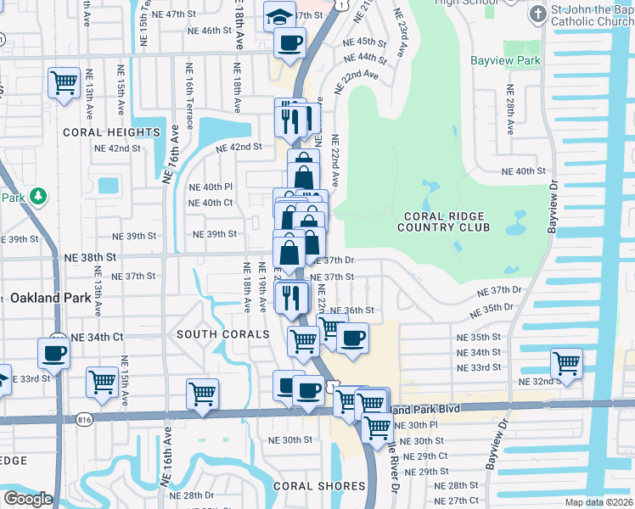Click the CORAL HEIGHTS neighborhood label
tap(111, 132)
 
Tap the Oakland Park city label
tap(51, 298)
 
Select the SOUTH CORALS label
tap(222, 335)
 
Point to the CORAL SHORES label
tap(319, 486)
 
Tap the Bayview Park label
tap(505, 61)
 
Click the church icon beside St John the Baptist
tap(537, 14)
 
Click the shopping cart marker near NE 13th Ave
tap(64, 83)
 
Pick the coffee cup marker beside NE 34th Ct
tap(53, 352)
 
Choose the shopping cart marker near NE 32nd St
tap(566, 363)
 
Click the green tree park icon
tap(37, 197)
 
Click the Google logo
tap(28, 498)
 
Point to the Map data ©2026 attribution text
tap(598, 502)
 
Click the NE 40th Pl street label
tap(211, 187)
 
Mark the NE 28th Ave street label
tap(510, 109)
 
